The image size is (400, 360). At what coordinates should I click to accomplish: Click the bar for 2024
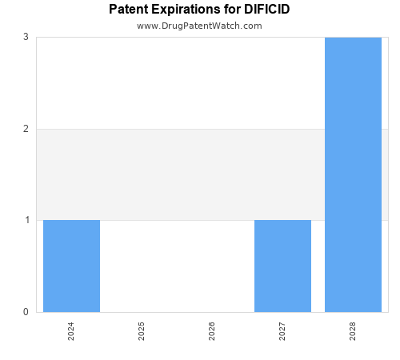point(71,266)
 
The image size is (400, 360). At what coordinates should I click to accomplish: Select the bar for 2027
point(282,266)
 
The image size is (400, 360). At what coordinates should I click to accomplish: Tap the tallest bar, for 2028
point(353,174)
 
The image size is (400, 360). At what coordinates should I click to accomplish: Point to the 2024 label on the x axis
point(71,331)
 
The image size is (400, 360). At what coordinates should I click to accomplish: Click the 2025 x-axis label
point(142,331)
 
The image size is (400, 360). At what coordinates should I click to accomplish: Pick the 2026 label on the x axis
point(212,331)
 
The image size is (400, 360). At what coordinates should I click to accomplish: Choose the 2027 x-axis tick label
point(282,331)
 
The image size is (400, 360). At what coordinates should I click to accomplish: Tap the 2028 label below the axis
point(353,331)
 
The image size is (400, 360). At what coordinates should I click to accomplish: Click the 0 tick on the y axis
point(26,312)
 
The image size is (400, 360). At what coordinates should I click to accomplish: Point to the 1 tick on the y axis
point(26,220)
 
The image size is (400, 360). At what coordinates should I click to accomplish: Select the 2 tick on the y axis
point(26,129)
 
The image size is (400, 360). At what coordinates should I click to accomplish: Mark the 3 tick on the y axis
point(26,37)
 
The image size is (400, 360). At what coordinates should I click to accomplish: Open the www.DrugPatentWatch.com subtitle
point(199,26)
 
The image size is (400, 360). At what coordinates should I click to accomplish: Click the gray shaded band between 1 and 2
point(176,174)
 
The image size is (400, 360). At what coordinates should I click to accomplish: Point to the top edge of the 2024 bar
point(71,220)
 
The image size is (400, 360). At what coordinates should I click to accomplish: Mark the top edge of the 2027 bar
point(282,220)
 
